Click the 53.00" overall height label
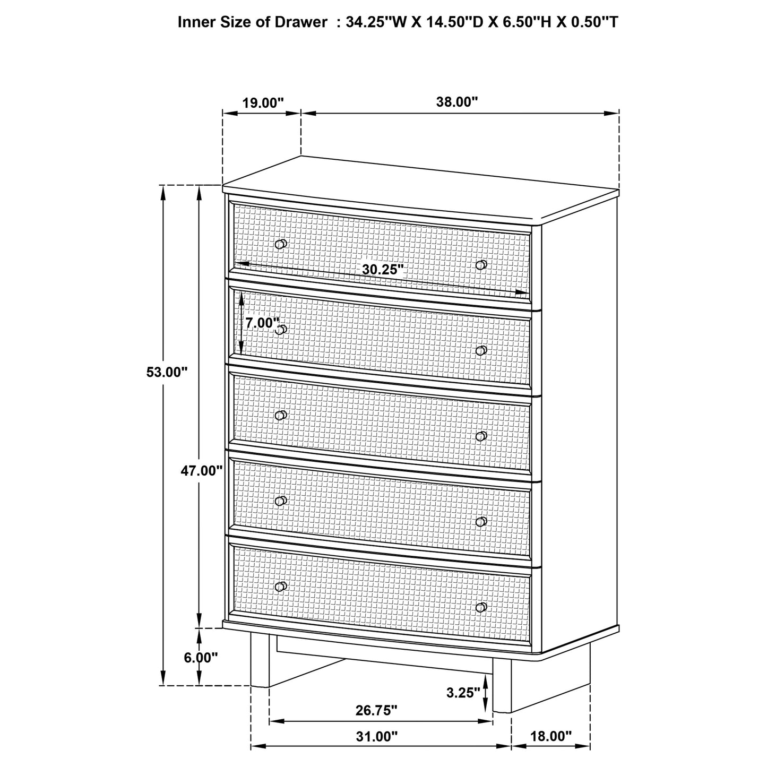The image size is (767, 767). (167, 372)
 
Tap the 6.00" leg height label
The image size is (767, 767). (201, 657)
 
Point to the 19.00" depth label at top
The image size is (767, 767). (263, 102)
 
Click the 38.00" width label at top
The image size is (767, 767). (457, 102)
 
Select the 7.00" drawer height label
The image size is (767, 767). (262, 323)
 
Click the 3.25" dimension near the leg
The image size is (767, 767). (463, 692)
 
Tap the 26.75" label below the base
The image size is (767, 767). (376, 710)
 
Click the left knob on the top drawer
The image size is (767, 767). (281, 244)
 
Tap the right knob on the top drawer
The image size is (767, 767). (481, 265)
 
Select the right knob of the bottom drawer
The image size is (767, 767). (481, 607)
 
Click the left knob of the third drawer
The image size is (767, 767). (281, 415)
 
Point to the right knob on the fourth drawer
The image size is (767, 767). (481, 522)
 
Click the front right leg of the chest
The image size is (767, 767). (502, 685)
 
